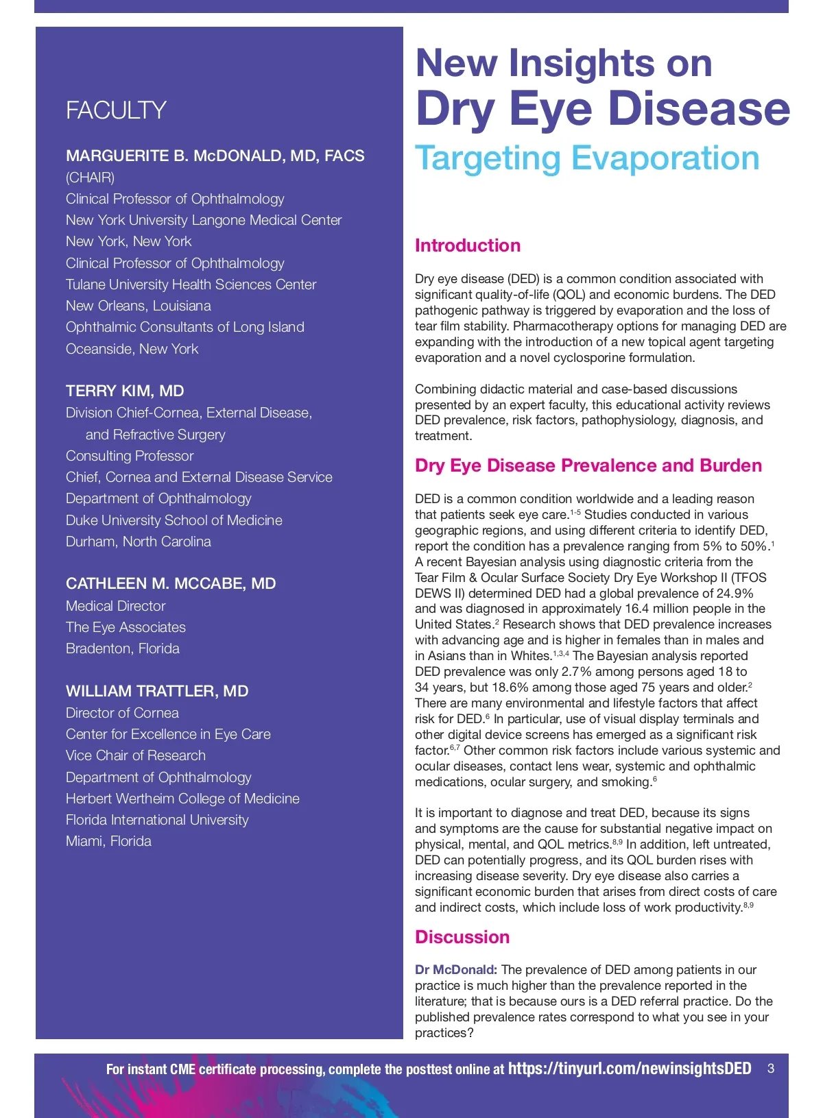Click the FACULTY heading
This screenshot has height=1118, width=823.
(x=116, y=110)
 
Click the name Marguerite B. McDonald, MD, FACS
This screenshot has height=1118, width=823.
(x=215, y=156)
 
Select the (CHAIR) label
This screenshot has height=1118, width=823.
(x=90, y=178)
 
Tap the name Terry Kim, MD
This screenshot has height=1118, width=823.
(x=125, y=391)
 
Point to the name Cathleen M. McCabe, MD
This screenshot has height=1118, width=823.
(x=171, y=584)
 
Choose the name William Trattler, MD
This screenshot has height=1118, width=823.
(x=157, y=691)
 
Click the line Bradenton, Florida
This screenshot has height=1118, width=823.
(x=123, y=648)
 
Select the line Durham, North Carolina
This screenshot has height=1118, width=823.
(x=139, y=542)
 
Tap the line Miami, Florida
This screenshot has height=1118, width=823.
(x=108, y=841)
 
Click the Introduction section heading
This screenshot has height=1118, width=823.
(x=468, y=245)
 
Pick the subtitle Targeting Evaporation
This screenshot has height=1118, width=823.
(x=587, y=158)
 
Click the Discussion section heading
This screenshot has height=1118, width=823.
(x=462, y=937)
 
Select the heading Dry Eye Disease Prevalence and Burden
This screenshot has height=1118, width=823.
(x=588, y=465)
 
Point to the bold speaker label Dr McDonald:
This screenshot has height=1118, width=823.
(x=456, y=970)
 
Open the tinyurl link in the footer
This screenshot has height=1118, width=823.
(x=630, y=1069)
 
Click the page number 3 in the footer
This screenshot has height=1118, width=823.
(x=771, y=1069)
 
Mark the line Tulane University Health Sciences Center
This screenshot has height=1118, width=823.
(x=191, y=284)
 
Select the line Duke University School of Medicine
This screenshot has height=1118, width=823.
(x=174, y=520)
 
